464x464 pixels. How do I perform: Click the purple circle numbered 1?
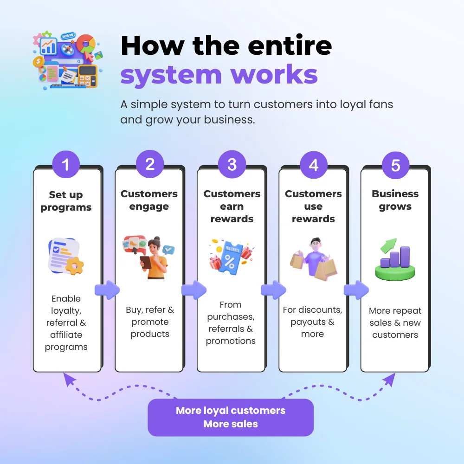point(66,164)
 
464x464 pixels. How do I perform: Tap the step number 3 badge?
point(232,164)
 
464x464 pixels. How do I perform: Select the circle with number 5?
point(396,165)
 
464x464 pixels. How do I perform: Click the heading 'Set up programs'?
point(66,201)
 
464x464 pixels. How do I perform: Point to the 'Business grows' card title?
point(395,200)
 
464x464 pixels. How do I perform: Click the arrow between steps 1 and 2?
point(107,290)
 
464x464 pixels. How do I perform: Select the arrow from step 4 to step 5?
point(356,290)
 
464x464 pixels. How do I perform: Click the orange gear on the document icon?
point(75,266)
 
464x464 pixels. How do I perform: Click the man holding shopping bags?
point(314,258)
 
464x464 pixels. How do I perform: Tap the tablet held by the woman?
point(146,263)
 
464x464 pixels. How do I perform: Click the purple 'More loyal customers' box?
point(231,417)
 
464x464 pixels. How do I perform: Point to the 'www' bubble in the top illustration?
point(68,36)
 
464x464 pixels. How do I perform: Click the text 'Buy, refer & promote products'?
point(150,322)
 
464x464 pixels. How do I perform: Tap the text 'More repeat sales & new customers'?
point(395,322)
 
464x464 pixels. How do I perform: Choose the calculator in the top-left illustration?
point(88,76)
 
